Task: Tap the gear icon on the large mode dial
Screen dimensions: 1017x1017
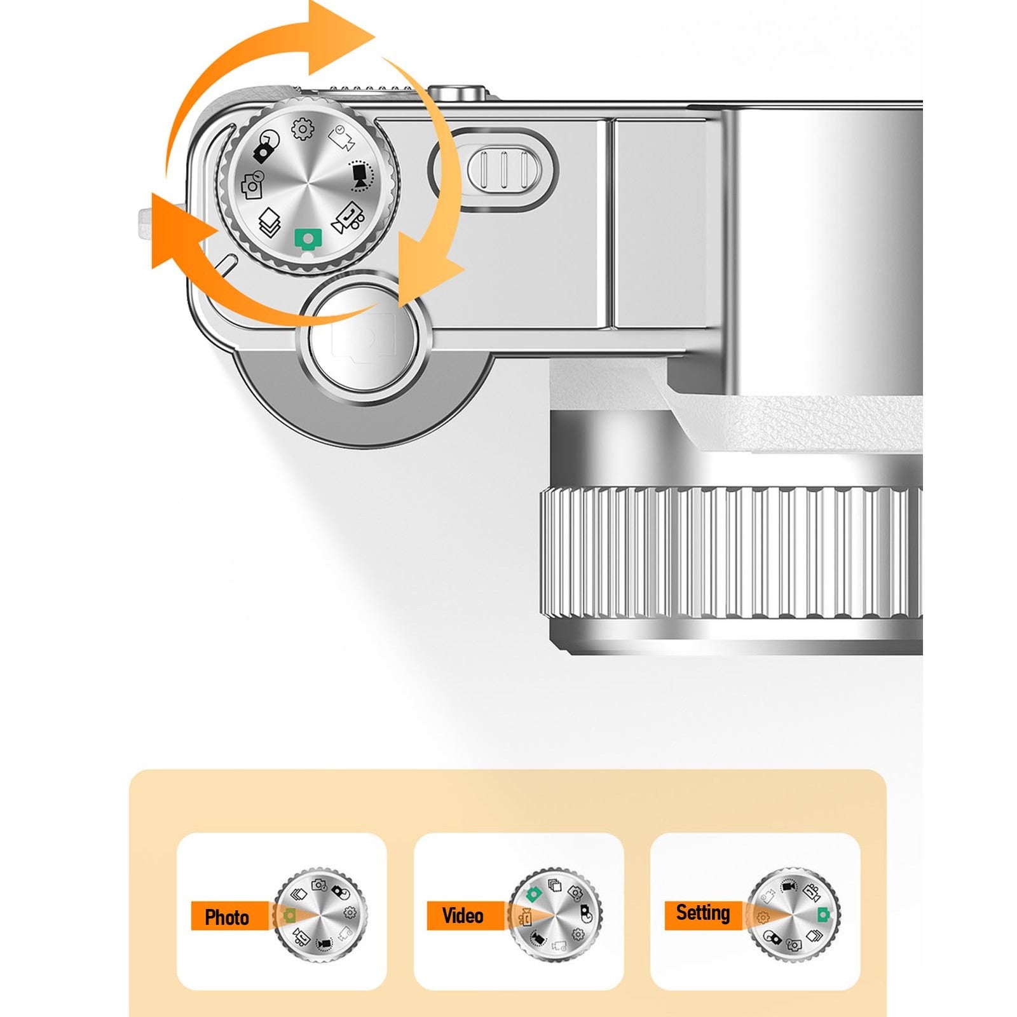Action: click(x=303, y=130)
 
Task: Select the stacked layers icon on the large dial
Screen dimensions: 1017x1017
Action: click(x=270, y=222)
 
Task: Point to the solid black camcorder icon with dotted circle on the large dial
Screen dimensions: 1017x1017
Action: click(x=361, y=175)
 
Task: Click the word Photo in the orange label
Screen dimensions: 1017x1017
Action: click(x=227, y=917)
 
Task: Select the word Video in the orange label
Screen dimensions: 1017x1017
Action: click(x=463, y=915)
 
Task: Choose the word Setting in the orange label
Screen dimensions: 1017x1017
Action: click(x=702, y=913)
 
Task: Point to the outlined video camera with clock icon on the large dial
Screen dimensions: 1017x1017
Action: click(x=342, y=138)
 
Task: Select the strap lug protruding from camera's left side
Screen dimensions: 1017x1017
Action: click(x=163, y=223)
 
